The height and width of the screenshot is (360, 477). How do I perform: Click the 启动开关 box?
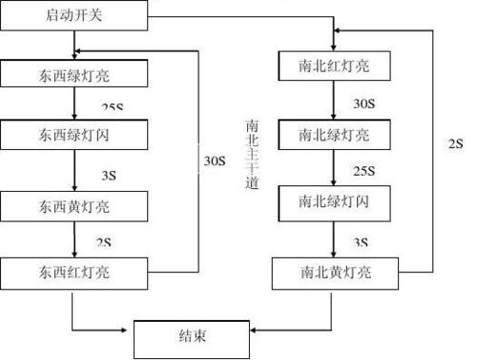(73, 16)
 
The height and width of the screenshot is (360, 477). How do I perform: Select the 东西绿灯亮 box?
(74, 74)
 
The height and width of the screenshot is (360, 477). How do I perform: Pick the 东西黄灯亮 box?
(74, 204)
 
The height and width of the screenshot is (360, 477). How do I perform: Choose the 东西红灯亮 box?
(74, 271)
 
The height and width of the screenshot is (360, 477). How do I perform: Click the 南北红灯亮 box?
(333, 68)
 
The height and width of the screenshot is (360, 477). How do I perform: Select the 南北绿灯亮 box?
(333, 133)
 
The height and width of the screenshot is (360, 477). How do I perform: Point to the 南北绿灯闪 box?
(333, 201)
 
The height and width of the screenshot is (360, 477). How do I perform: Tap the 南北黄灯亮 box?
(333, 273)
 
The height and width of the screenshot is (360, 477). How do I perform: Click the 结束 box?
(191, 337)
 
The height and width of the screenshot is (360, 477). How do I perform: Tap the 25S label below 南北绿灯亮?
(363, 172)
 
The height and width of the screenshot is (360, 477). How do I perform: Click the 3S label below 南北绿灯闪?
(361, 244)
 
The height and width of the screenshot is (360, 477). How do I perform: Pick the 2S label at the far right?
(455, 145)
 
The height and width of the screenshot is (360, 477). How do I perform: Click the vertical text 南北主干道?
(251, 154)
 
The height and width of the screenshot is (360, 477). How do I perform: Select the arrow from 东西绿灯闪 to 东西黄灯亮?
(73, 170)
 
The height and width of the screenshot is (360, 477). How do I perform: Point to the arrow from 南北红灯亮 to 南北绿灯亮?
(333, 100)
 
